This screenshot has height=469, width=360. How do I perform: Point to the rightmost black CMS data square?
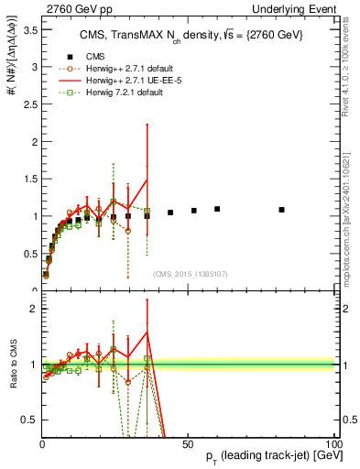(281, 210)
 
